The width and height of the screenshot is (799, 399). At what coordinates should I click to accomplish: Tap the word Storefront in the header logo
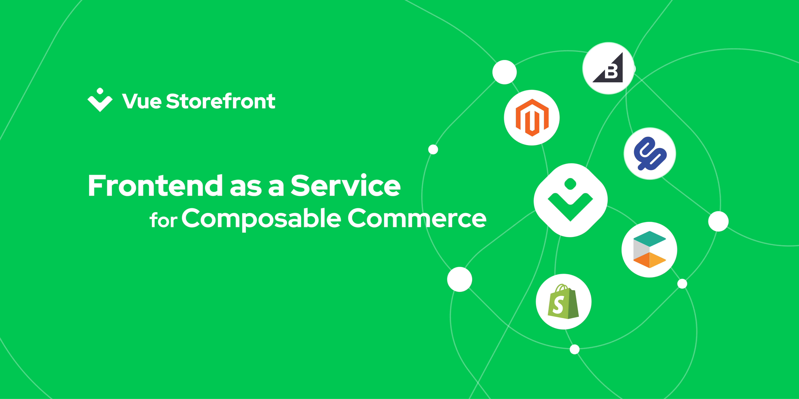[x=221, y=101]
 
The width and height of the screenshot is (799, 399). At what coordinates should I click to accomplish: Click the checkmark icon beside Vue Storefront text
[x=100, y=100]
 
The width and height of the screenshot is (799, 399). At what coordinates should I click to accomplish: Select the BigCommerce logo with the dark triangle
[x=608, y=68]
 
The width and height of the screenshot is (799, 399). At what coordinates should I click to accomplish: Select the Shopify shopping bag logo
[x=564, y=301]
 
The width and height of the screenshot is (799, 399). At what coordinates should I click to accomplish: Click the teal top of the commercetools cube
[x=649, y=238]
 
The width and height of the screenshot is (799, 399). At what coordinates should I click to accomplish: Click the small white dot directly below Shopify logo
[x=574, y=349]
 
